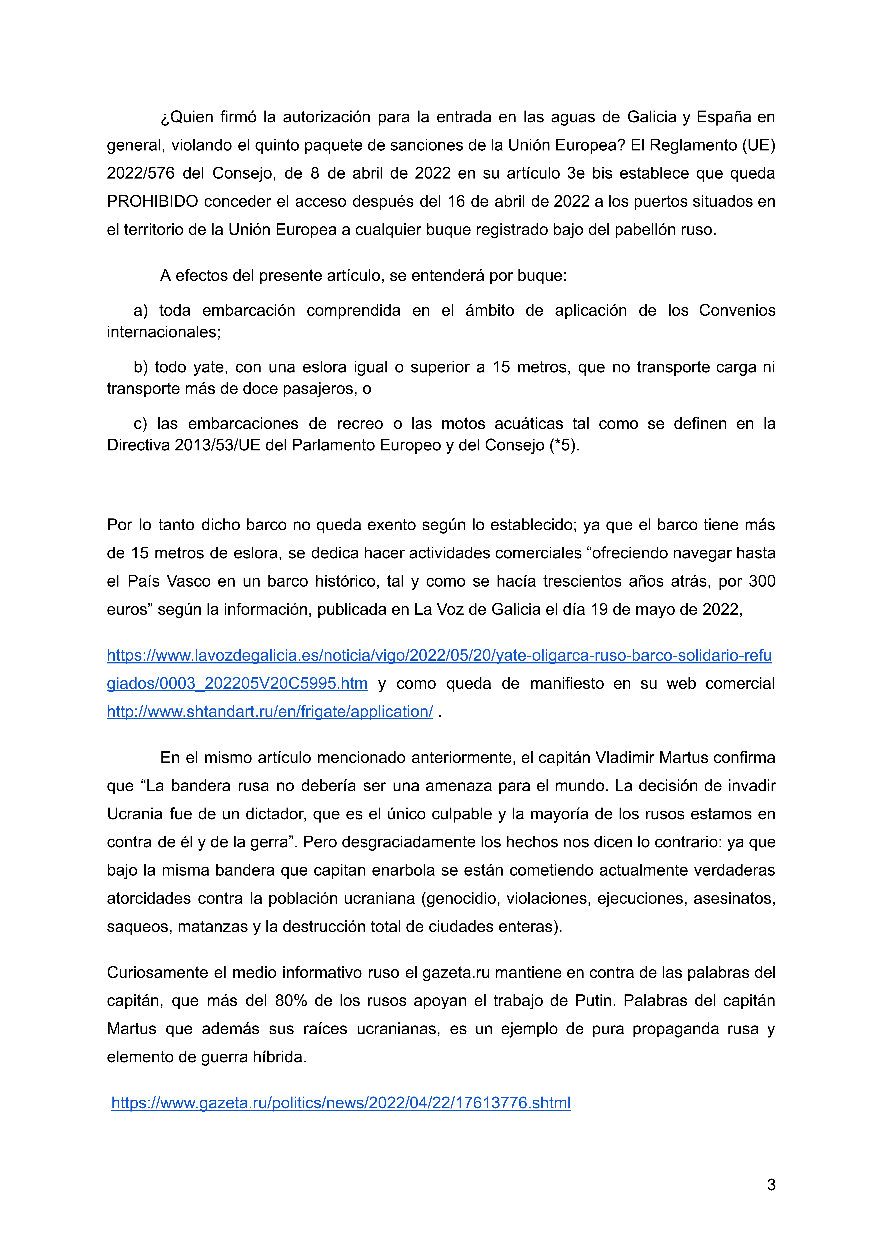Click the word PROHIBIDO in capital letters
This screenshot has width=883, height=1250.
point(152,201)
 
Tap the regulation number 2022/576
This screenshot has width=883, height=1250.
point(141,173)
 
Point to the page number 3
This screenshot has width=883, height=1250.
point(771,1185)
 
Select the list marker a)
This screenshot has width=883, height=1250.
point(141,310)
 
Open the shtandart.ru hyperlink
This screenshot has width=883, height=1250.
point(270,712)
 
